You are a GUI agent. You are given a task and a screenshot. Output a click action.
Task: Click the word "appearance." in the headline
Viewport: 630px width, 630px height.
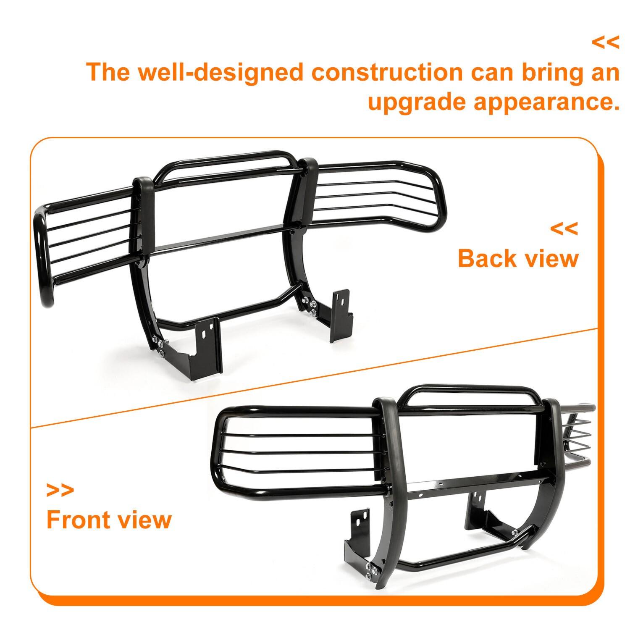pyautogui.click(x=547, y=102)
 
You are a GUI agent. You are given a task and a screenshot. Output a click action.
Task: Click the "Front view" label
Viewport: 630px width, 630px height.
pyautogui.click(x=109, y=520)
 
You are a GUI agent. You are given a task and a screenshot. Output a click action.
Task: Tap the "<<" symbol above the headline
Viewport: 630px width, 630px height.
pyautogui.click(x=605, y=42)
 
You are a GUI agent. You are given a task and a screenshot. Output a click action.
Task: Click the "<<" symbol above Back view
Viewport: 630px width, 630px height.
pyautogui.click(x=564, y=229)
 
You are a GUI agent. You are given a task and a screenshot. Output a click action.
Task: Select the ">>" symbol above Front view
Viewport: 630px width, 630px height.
pyautogui.click(x=60, y=490)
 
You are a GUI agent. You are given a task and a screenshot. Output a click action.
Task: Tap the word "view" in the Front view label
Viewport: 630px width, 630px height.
pyautogui.click(x=144, y=520)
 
